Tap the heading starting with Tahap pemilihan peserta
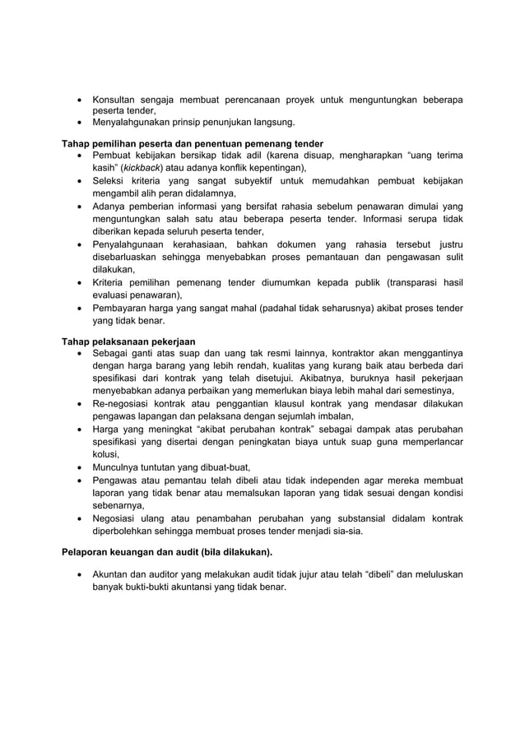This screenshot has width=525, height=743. (x=193, y=144)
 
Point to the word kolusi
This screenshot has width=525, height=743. (x=105, y=453)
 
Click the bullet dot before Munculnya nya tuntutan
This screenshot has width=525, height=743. (x=78, y=467)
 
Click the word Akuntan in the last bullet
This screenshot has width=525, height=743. (x=113, y=574)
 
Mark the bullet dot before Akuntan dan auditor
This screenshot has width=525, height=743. (x=78, y=574)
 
